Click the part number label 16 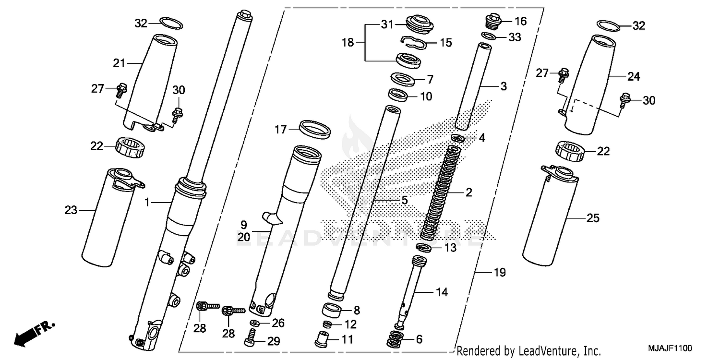click(x=521, y=21)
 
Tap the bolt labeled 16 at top click(x=492, y=22)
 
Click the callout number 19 click(x=500, y=273)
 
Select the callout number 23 click(x=71, y=210)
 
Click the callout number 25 click(x=593, y=218)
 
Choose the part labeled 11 click(x=321, y=339)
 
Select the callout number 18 click(x=348, y=42)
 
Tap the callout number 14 click(x=441, y=292)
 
